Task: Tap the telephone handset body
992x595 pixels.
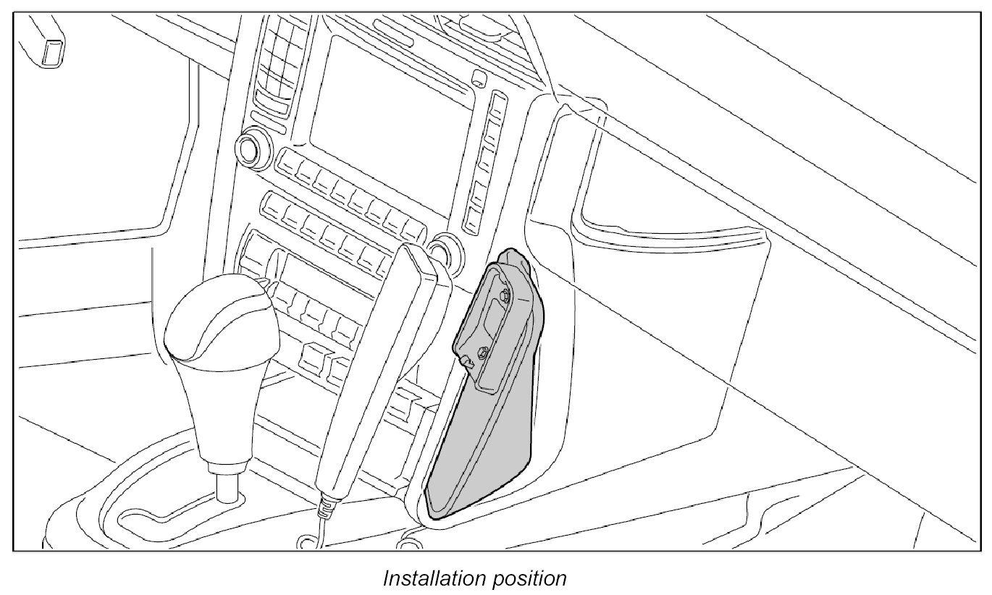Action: click(377, 362)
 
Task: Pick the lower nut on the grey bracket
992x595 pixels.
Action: click(481, 355)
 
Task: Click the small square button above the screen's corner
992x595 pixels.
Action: click(479, 78)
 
